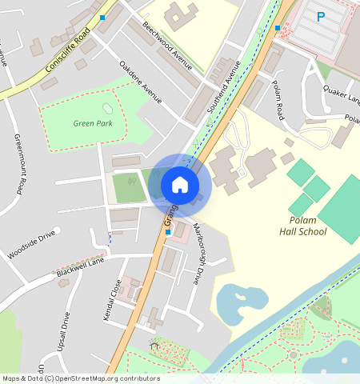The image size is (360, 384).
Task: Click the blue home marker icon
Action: click(180, 185)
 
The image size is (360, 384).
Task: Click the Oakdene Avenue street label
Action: click(140, 82)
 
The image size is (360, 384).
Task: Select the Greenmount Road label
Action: click(20, 164)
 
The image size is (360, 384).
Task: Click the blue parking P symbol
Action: click(321, 16)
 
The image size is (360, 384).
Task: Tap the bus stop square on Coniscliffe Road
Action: click(102, 17)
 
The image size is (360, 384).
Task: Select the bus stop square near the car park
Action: click(278, 28)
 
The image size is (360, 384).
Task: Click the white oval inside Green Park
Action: click(108, 109)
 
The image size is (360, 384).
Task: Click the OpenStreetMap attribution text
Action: click(81, 378)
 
